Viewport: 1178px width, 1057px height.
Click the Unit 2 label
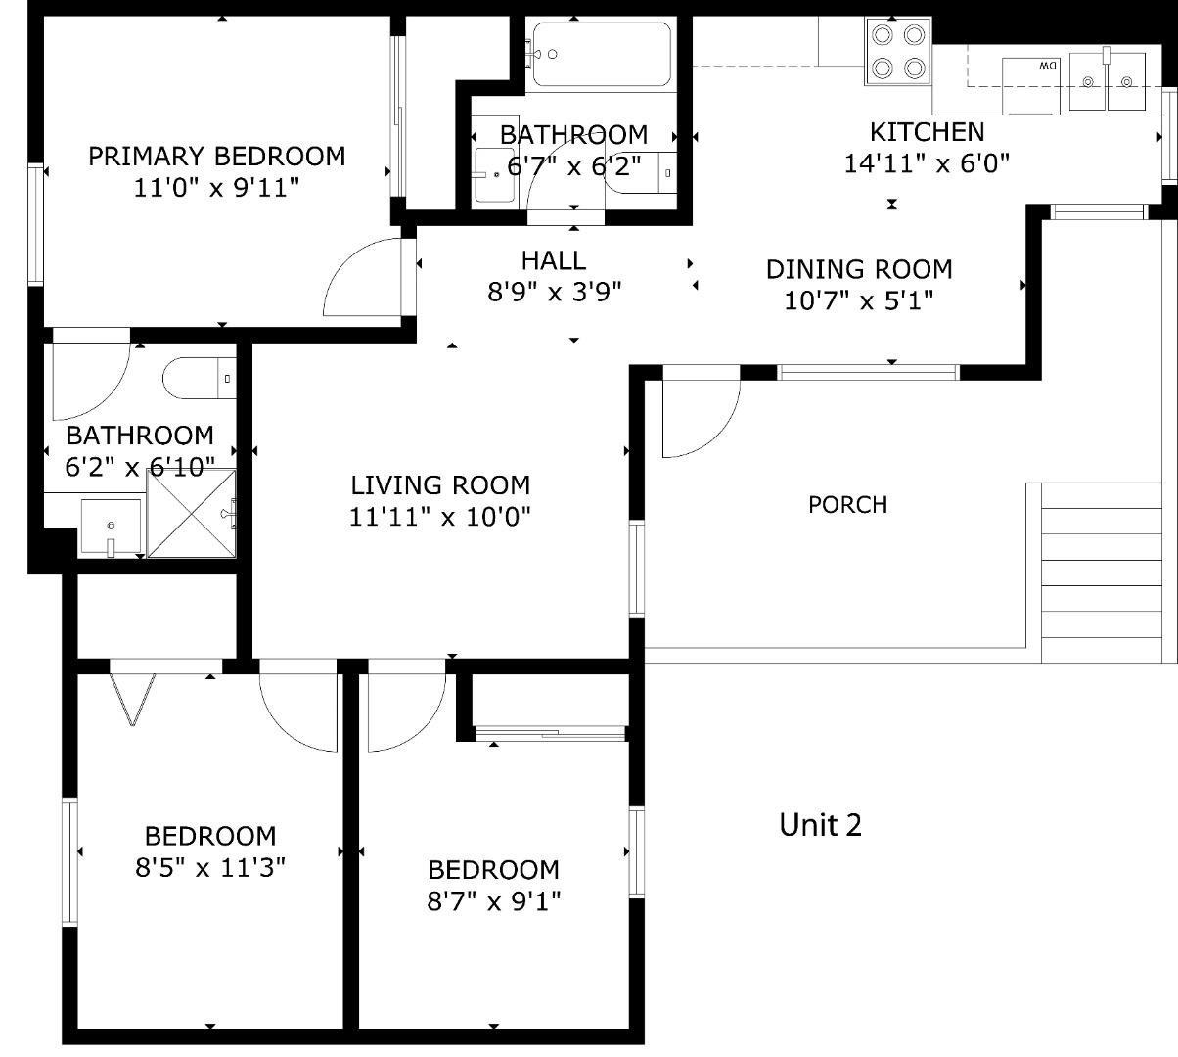pyautogui.click(x=820, y=825)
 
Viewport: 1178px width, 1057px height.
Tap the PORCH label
pyautogui.click(x=847, y=505)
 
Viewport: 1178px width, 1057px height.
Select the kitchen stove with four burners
pyautogui.click(x=898, y=52)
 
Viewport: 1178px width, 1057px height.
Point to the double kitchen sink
pyautogui.click(x=1107, y=81)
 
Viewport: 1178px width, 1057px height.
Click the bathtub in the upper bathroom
pyautogui.click(x=599, y=54)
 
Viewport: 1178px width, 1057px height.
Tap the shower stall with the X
pyautogui.click(x=192, y=514)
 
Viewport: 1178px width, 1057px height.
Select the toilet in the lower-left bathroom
pyautogui.click(x=199, y=379)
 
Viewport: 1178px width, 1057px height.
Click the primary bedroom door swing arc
pyautogui.click(x=363, y=276)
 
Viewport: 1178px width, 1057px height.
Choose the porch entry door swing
pyautogui.click(x=699, y=416)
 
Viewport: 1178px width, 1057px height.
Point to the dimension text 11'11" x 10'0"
pyautogui.click(x=439, y=517)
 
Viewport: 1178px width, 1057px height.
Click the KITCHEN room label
pyautogui.click(x=927, y=132)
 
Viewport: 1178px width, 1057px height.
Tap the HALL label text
pyautogui.click(x=554, y=260)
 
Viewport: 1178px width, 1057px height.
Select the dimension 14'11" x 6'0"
pyautogui.click(x=927, y=163)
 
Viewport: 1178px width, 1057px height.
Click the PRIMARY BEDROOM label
pyautogui.click(x=216, y=157)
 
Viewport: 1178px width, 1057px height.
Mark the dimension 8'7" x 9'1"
pyautogui.click(x=493, y=900)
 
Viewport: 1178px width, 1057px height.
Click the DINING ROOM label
pyautogui.click(x=858, y=269)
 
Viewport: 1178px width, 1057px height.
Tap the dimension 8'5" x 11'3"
pyautogui.click(x=210, y=867)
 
